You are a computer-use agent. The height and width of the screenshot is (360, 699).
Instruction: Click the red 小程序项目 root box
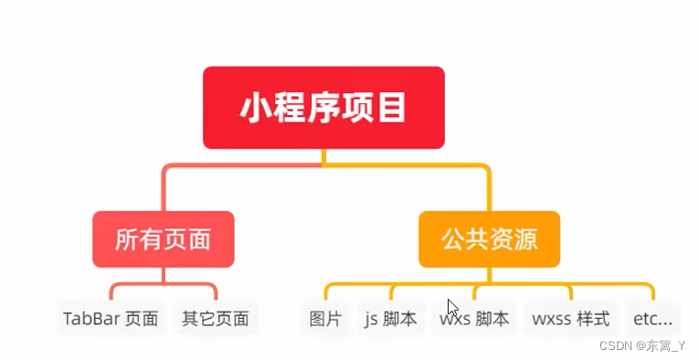point(323,108)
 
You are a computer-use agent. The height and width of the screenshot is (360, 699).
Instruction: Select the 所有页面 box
point(164,239)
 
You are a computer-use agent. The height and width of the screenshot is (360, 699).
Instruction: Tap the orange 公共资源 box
point(489,239)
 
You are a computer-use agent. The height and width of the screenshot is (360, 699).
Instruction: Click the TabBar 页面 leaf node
point(111,319)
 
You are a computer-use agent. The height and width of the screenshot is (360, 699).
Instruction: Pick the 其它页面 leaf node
point(215,319)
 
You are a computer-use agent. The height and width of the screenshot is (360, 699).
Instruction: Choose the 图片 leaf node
point(325,319)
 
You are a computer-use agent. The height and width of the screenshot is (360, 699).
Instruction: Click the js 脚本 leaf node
point(390,319)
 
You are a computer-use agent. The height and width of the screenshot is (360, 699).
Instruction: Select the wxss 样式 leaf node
point(570,319)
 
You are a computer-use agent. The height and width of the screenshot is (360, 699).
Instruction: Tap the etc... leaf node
point(652,319)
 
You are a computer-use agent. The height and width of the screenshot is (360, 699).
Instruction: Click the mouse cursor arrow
point(452,308)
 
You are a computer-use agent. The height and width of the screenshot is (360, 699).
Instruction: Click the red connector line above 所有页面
point(164,192)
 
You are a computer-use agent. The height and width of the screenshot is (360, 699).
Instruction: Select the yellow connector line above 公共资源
point(489,192)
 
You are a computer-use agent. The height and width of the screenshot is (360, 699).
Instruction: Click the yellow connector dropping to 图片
point(325,292)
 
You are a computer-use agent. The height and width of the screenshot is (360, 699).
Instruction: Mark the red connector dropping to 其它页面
point(216,292)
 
